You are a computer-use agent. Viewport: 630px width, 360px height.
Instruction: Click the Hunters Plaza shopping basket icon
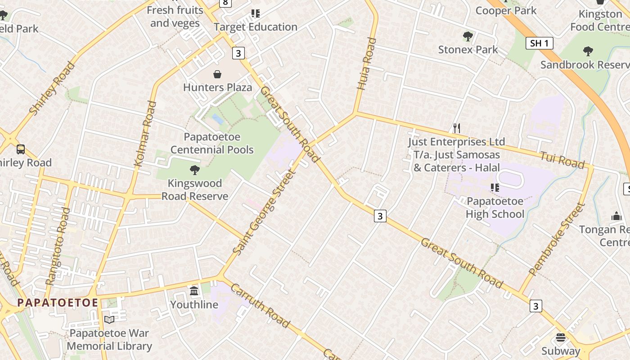coord(217,74)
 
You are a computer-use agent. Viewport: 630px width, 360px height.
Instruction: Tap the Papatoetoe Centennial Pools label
coord(212,143)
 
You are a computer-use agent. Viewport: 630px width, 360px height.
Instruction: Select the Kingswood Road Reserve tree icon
coord(195,170)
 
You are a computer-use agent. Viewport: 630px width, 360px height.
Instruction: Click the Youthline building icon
coord(194,291)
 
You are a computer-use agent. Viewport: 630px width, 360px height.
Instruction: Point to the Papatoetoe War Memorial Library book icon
coord(109,319)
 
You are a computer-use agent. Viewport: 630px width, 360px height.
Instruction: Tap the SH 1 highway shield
coord(539,43)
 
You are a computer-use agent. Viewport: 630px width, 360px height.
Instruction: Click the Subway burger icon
coord(560,337)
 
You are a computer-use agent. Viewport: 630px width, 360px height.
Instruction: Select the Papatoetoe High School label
coord(495,207)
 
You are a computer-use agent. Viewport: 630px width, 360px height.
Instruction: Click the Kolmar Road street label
coord(145,134)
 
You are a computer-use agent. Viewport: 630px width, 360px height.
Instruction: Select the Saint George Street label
coord(263,212)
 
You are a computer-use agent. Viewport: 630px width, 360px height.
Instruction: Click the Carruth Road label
coord(260,305)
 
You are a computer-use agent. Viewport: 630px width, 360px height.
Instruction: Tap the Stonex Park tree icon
coord(468,36)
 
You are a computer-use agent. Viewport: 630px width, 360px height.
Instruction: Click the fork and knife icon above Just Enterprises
coord(456,128)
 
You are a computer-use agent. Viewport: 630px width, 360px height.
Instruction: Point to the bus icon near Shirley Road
coord(21,149)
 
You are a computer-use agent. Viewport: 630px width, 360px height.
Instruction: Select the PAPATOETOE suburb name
coord(58,303)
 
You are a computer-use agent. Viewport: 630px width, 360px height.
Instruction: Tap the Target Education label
coord(256,27)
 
